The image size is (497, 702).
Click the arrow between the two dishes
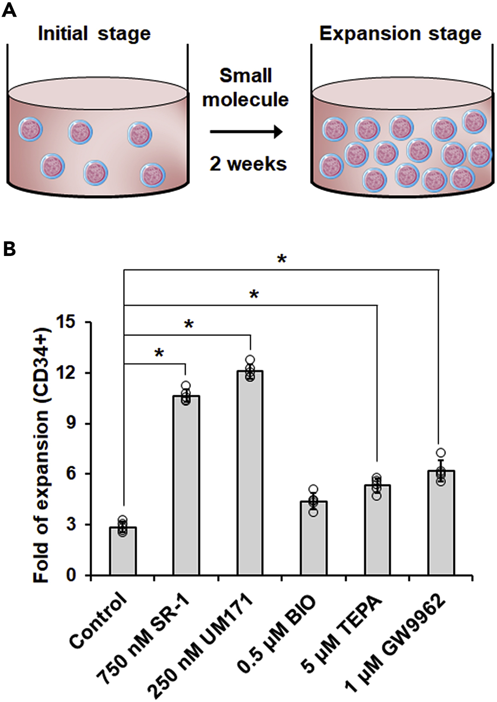click(x=246, y=132)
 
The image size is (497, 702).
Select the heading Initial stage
click(x=94, y=33)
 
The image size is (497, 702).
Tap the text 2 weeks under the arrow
click(x=248, y=164)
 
